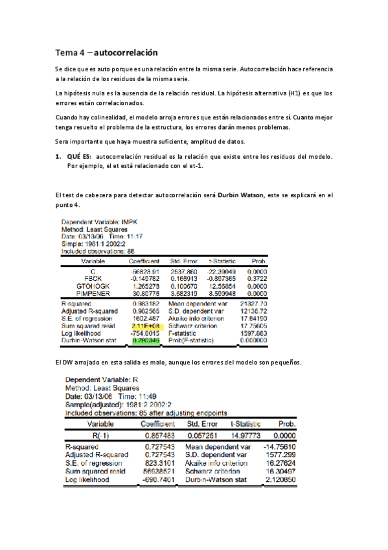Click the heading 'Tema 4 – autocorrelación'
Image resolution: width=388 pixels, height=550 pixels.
point(106,52)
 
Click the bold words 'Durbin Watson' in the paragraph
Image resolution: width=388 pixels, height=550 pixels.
point(239,195)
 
